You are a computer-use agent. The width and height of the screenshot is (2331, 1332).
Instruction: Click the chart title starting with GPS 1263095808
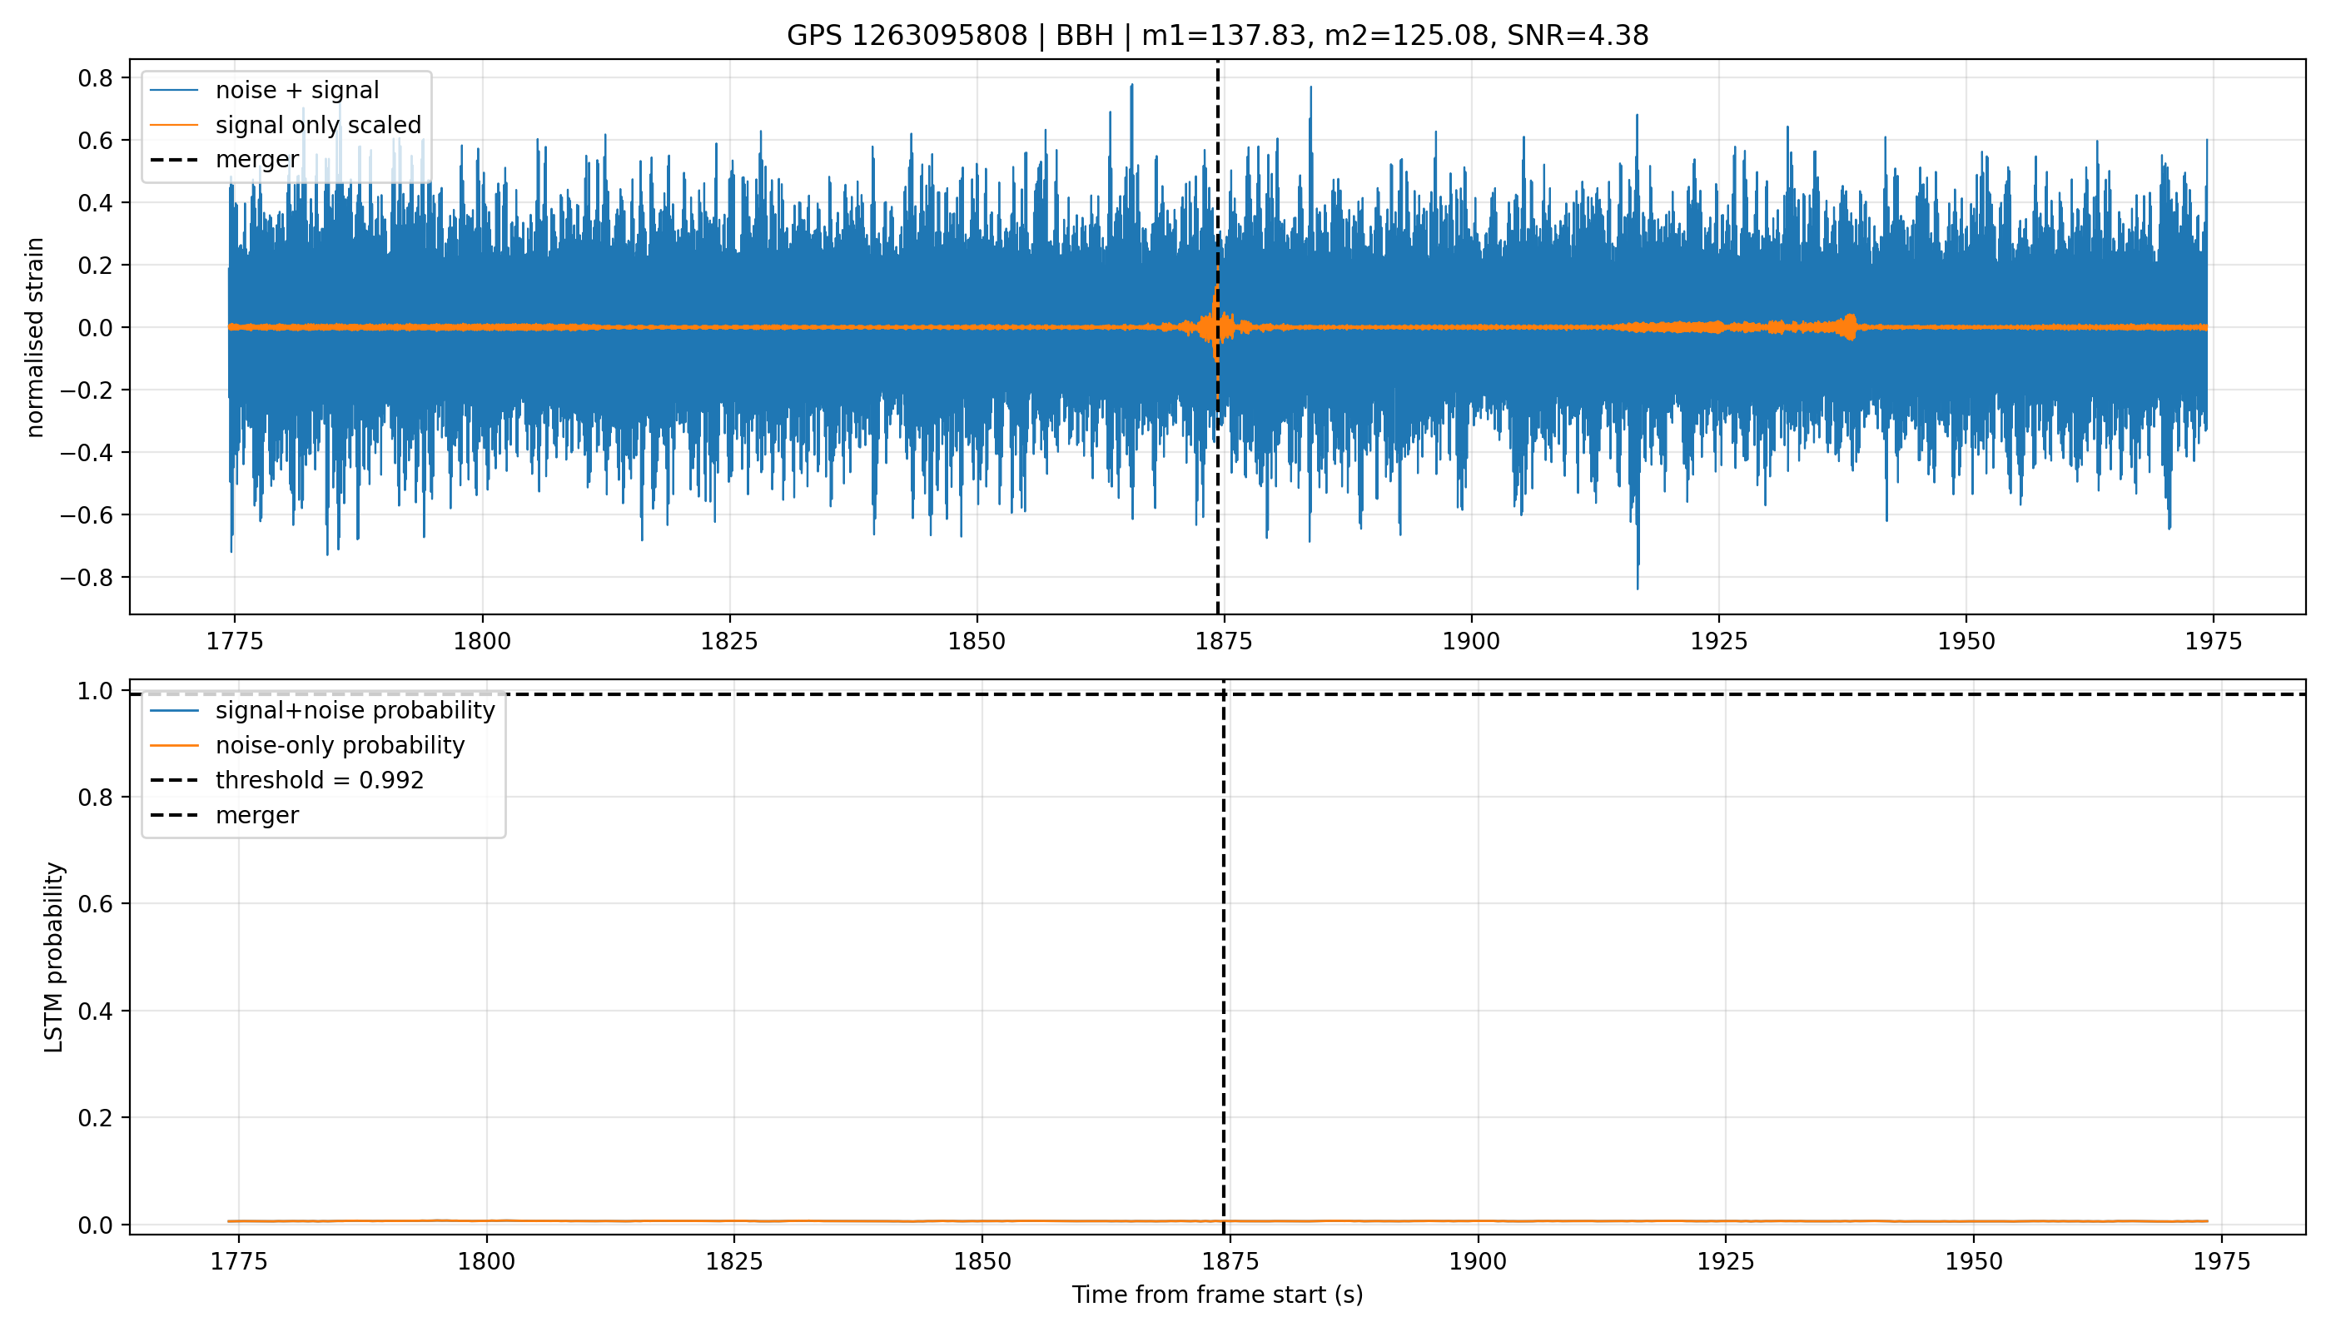tap(1217, 36)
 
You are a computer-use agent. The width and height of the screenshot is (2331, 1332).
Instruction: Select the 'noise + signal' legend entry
tap(297, 91)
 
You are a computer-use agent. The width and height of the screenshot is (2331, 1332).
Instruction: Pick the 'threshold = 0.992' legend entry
tap(320, 780)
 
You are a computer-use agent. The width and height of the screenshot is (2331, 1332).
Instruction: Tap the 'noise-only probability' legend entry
tap(340, 746)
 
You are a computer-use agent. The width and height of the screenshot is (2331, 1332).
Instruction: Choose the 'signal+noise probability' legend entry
tap(355, 711)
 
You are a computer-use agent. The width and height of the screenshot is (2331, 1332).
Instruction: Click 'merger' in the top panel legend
tap(257, 160)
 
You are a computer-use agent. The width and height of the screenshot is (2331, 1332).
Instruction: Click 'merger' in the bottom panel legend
tap(257, 815)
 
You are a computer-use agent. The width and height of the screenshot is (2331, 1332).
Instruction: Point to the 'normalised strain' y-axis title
tap(35, 337)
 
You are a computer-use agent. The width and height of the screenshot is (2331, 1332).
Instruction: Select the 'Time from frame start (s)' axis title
tap(1217, 1295)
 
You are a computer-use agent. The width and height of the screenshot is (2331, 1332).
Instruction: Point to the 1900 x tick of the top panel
tap(1471, 641)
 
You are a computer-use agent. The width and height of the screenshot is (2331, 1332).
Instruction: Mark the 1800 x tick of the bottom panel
tap(487, 1261)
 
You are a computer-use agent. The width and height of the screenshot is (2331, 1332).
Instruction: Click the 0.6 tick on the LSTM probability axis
tap(95, 904)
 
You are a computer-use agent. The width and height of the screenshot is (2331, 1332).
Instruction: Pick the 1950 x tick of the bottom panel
tap(1973, 1261)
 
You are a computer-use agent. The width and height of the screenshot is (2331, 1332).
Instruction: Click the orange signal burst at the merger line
tap(1215, 326)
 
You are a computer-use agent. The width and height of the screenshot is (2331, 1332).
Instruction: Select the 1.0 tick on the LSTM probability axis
tap(95, 691)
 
